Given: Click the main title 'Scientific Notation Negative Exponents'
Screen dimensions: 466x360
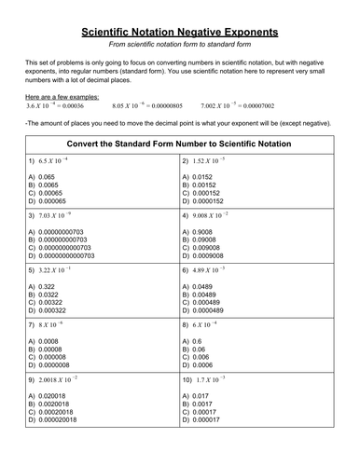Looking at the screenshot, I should [x=179, y=32].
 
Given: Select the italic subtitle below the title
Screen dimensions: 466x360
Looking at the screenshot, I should [x=179, y=48].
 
